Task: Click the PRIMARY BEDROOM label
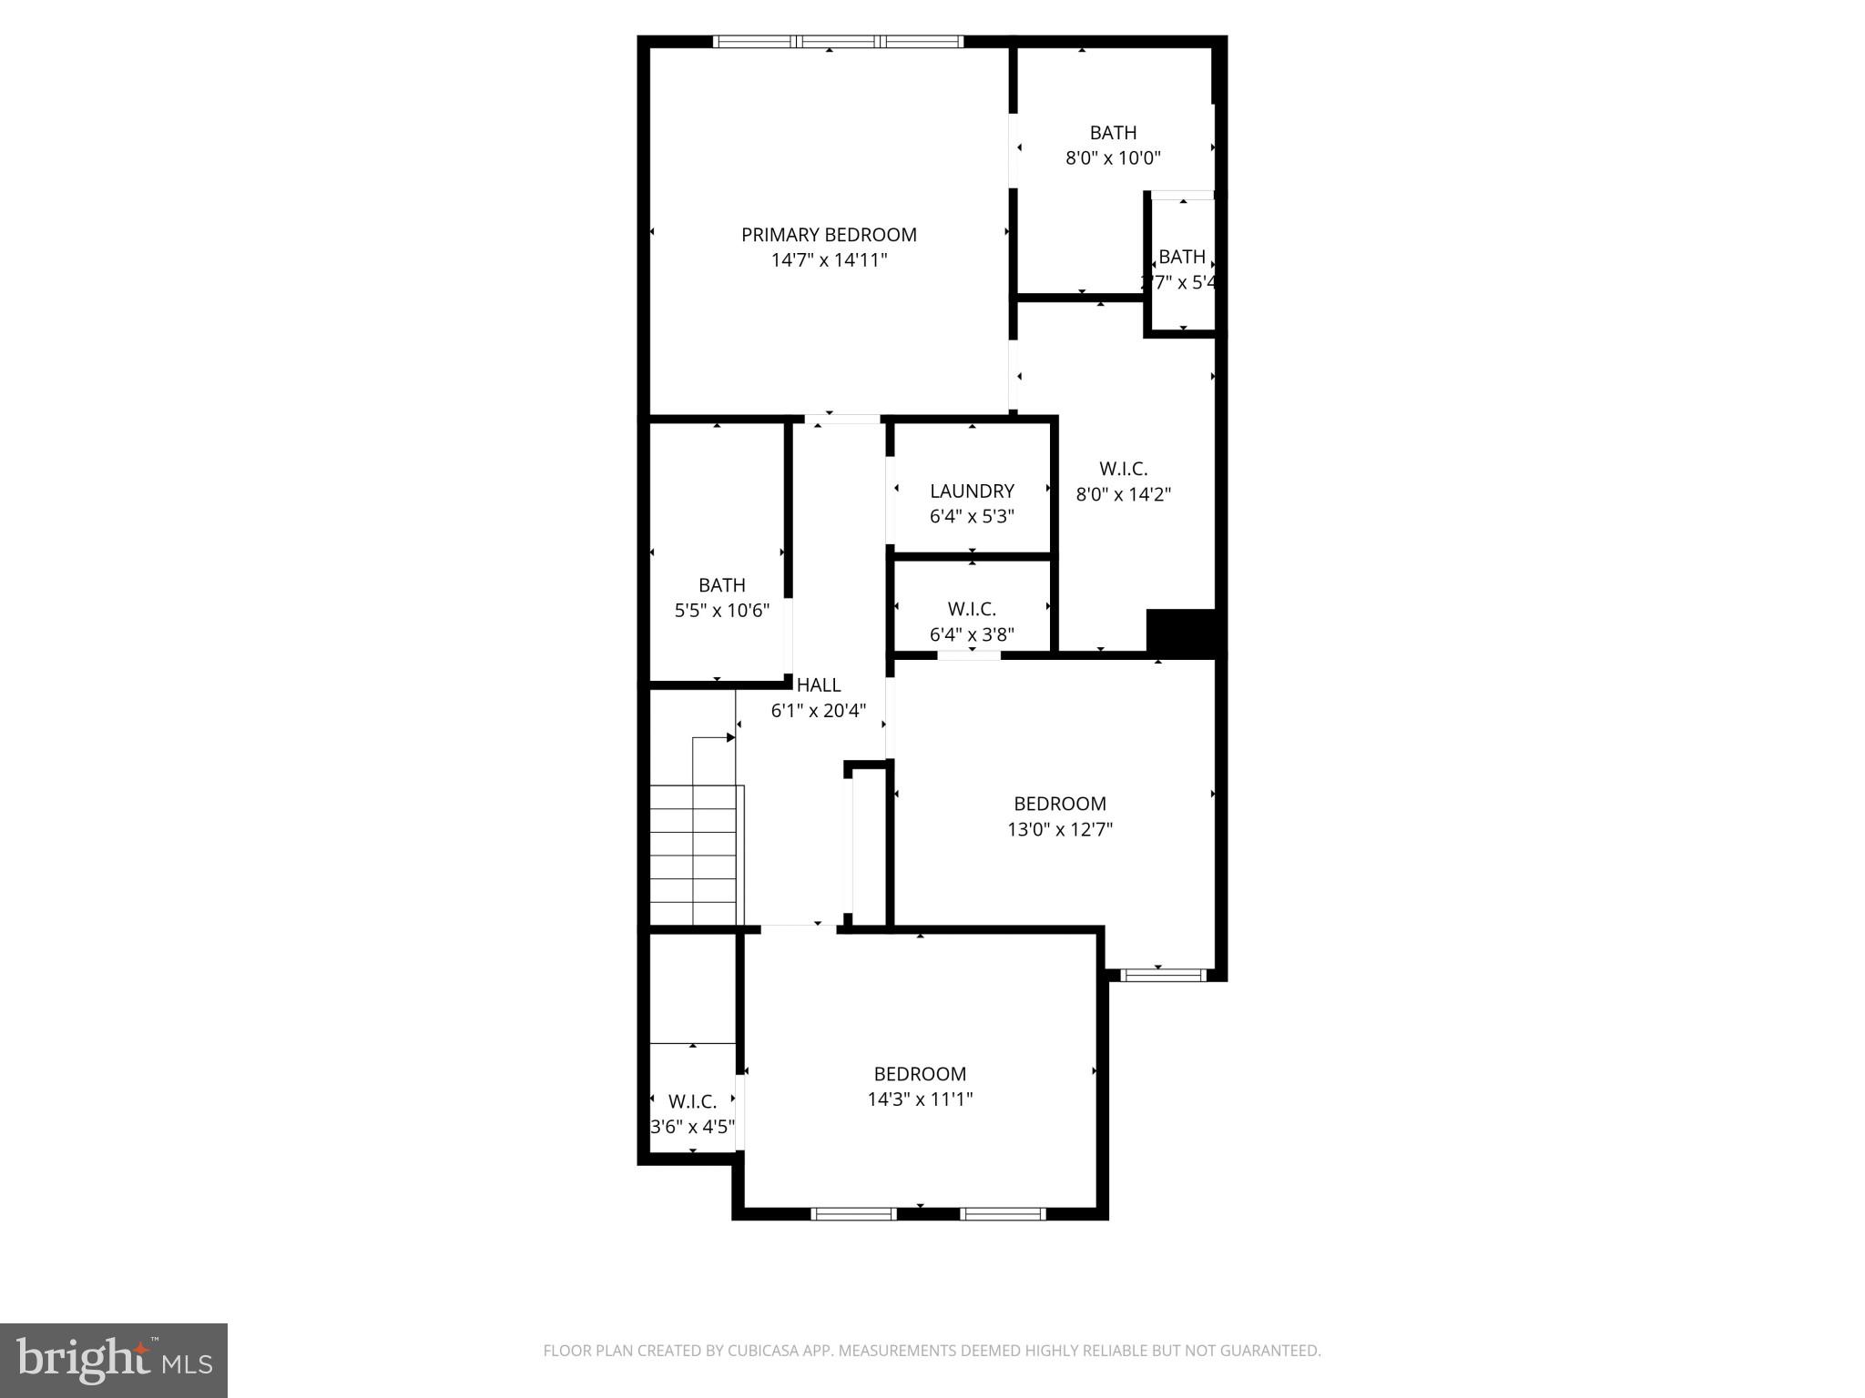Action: pos(829,235)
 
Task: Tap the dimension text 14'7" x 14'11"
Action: pos(829,260)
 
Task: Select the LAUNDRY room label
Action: pos(972,491)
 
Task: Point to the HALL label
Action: pos(819,685)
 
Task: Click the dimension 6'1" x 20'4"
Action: pos(819,711)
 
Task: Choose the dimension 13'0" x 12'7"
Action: pos(1060,829)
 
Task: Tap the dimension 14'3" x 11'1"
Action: pos(920,1099)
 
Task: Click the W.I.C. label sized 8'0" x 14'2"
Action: pos(1123,469)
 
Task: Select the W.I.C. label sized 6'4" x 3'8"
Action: pos(972,609)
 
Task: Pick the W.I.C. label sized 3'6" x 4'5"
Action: pos(692,1102)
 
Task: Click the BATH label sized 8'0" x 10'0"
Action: pos(1113,133)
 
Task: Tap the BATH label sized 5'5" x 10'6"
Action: pos(722,585)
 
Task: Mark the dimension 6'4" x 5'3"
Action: pos(972,517)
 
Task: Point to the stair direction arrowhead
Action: pos(730,738)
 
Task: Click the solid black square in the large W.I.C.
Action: pos(1180,632)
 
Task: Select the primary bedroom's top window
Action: pos(838,41)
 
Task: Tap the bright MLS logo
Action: pos(114,1361)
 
